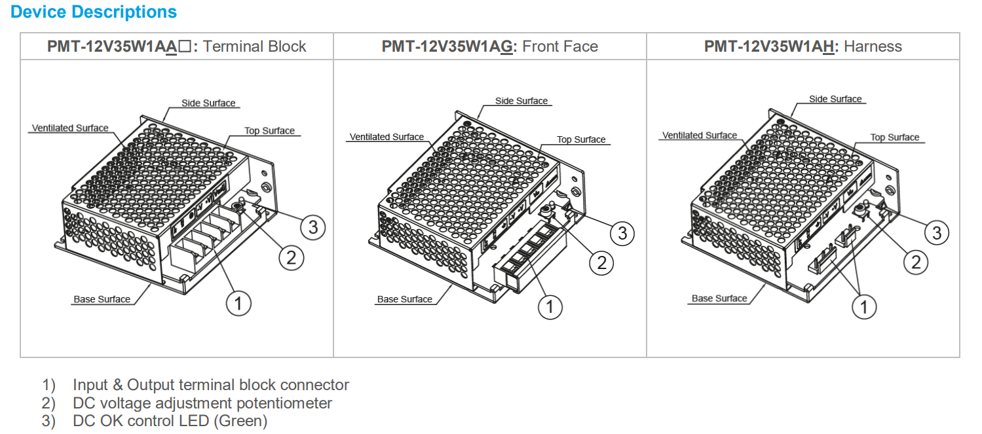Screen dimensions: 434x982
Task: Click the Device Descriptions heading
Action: [x=94, y=12]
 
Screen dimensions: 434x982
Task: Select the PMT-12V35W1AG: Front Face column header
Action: [x=489, y=46]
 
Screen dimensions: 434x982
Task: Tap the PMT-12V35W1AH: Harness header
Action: [x=803, y=46]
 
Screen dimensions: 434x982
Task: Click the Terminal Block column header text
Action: [x=255, y=46]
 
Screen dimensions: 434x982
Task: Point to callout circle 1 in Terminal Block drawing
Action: [x=238, y=303]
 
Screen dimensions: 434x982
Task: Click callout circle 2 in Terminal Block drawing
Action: [x=292, y=257]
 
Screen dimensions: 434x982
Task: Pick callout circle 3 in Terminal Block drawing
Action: [x=313, y=227]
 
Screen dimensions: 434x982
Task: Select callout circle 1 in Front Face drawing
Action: [x=550, y=306]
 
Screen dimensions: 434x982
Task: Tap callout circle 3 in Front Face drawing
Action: [x=622, y=233]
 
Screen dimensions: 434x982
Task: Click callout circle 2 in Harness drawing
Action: [x=916, y=262]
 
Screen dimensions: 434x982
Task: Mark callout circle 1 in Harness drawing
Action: [x=863, y=306]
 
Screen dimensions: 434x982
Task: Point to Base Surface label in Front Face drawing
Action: [x=404, y=299]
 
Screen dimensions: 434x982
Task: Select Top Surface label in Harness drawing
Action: [x=894, y=137]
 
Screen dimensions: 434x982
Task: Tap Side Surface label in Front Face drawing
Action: [x=521, y=101]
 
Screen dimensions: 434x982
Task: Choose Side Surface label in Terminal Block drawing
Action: [x=208, y=103]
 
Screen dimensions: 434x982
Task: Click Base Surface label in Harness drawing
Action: [x=719, y=298]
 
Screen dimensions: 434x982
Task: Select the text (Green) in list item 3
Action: [x=240, y=421]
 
